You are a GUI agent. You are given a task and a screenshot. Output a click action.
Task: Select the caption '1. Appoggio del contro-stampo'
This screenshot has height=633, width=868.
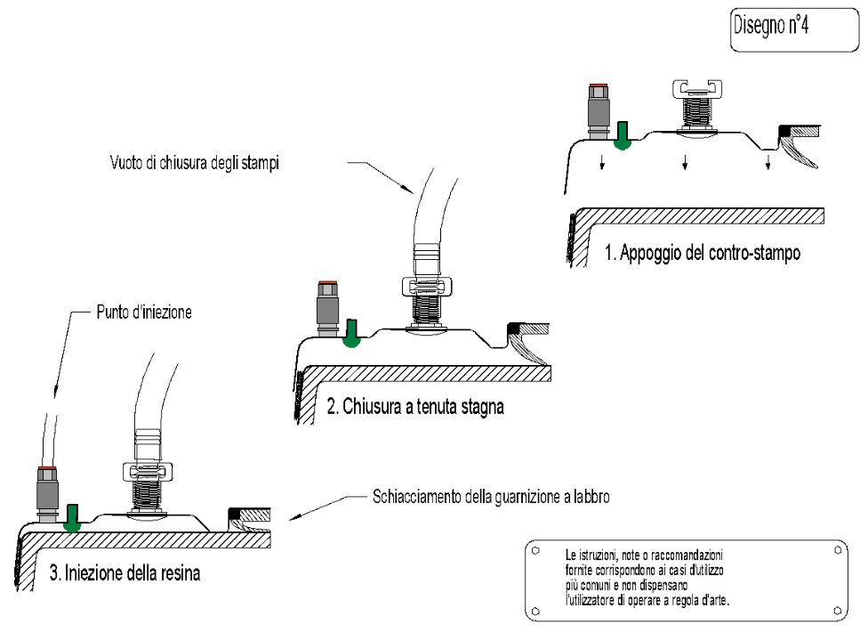point(703,253)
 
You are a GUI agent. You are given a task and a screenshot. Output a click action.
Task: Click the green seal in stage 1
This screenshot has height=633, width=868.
point(623,137)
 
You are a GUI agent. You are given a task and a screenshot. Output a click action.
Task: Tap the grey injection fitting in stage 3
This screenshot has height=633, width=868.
point(46,493)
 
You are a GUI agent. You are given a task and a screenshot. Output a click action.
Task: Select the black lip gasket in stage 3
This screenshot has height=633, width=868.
point(235,515)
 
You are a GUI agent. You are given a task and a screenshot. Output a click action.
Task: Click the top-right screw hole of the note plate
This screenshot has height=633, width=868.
point(837,550)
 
